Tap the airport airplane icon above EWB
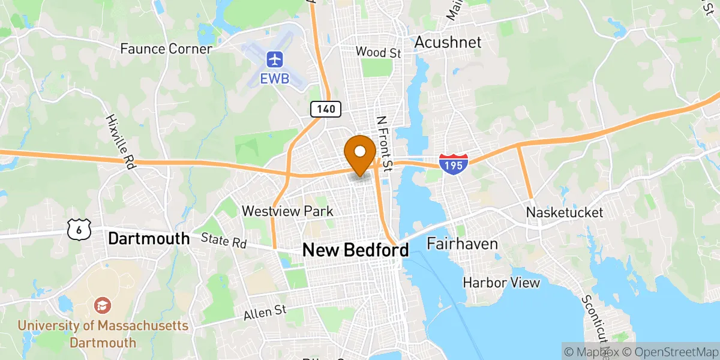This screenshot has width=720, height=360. tap(275, 59)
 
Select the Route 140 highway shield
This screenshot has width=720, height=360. tap(326, 109)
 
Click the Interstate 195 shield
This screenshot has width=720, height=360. tap(453, 163)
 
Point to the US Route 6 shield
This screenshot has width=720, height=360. tap(79, 229)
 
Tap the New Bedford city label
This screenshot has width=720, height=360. tap(355, 250)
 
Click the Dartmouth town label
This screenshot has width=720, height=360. tap(149, 238)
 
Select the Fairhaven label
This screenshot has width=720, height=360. tap(462, 244)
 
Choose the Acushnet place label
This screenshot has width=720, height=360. tap(448, 42)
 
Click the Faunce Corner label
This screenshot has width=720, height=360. tap(166, 49)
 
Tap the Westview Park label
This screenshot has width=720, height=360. tap(287, 211)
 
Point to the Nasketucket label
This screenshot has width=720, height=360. tap(565, 212)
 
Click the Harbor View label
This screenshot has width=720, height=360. tap(502, 282)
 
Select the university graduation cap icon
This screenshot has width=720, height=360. tap(103, 305)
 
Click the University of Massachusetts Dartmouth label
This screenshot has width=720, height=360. tap(103, 334)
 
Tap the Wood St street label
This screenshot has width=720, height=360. tap(378, 52)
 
